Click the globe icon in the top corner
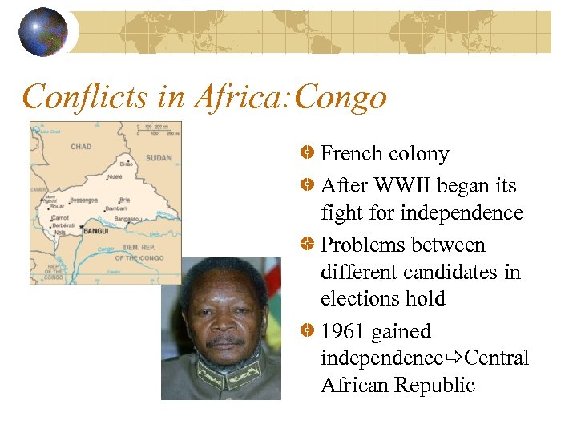(42, 31)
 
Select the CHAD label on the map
(81, 147)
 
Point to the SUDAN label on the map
(159, 158)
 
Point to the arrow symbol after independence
(454, 358)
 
